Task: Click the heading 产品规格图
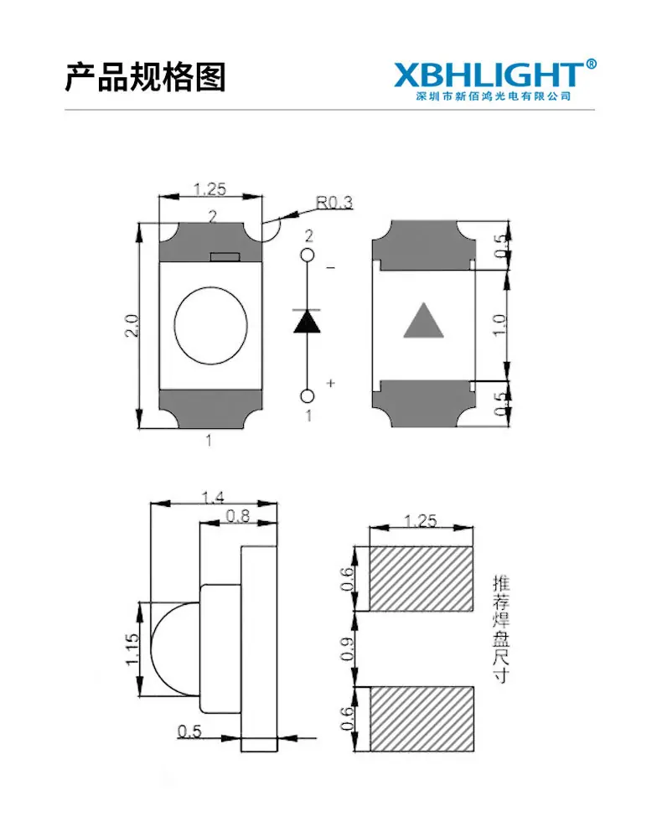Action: point(145,77)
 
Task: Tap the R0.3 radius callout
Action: point(334,202)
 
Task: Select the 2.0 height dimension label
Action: point(132,325)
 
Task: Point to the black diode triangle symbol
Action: point(307,322)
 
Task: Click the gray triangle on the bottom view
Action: point(423,320)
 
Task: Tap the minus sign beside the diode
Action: point(331,267)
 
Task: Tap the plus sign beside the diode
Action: point(331,383)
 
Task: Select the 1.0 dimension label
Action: point(499,325)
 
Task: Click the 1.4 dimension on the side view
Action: point(213,497)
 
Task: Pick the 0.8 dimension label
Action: point(238,515)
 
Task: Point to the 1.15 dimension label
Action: point(132,649)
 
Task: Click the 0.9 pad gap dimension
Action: point(347,648)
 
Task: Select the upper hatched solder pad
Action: point(422,579)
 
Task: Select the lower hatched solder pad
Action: point(422,719)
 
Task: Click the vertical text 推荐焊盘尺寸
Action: point(501,629)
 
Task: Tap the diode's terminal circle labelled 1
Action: point(308,396)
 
